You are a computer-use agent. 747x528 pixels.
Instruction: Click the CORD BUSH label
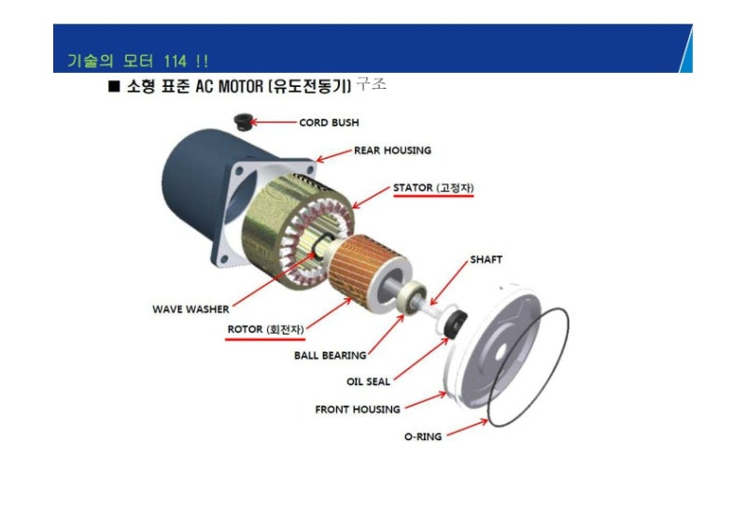point(329,122)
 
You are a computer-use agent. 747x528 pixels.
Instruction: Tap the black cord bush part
point(244,121)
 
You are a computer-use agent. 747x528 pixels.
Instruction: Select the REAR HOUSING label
point(392,150)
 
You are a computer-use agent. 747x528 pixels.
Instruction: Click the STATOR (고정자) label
point(433,188)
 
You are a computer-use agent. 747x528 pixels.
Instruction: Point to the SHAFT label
point(486,260)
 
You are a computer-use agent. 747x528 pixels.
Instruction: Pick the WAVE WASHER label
point(190,309)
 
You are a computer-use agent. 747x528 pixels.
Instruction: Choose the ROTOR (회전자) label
point(265,329)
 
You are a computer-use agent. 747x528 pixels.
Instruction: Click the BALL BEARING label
point(331,355)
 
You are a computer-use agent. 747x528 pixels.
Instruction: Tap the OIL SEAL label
point(368,381)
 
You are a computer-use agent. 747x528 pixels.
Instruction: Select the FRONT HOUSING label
point(358,409)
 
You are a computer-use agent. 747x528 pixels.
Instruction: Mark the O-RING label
point(423,436)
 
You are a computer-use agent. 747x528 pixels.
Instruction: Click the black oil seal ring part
point(456,324)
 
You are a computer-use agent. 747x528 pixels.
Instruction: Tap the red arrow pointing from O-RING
point(468,427)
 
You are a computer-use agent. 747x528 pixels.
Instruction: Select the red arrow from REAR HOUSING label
point(333,156)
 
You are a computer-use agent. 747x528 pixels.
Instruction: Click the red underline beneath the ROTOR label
point(265,339)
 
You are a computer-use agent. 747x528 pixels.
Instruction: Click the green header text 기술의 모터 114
point(137,61)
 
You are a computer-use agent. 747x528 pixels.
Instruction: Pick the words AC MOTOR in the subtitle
point(229,86)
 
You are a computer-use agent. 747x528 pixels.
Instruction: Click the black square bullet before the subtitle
point(114,86)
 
